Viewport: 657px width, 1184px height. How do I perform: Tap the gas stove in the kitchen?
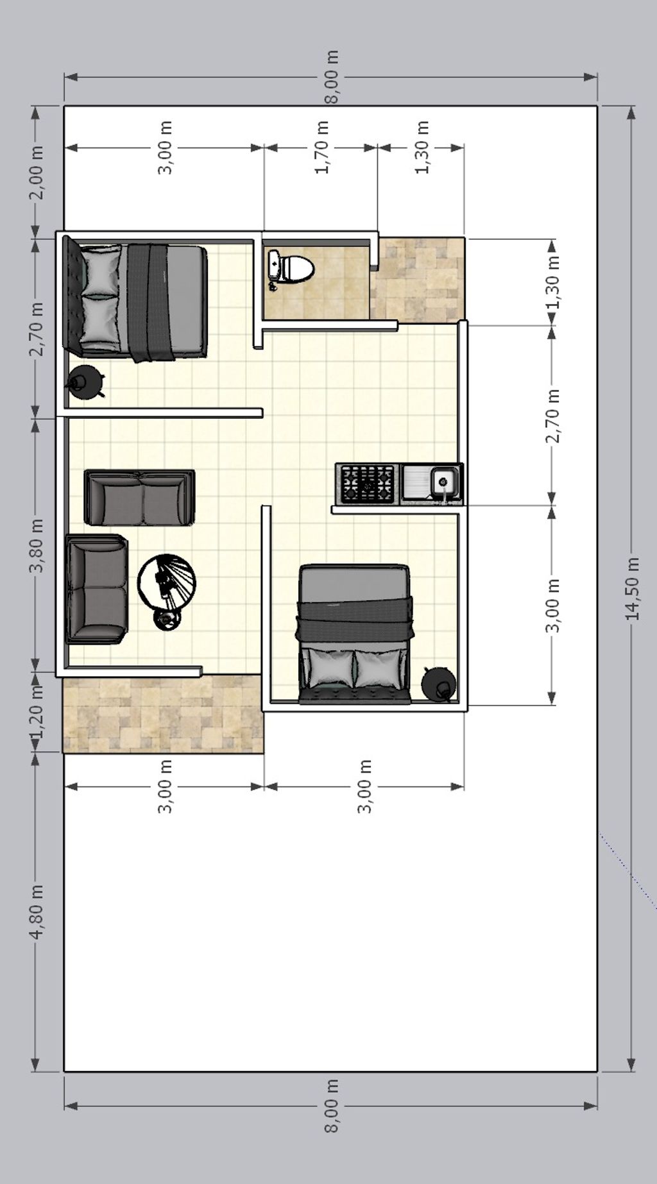click(368, 484)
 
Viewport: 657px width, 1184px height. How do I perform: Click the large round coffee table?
click(167, 582)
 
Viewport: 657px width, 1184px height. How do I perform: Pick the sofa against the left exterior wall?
click(97, 589)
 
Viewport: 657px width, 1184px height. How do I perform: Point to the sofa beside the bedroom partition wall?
click(139, 498)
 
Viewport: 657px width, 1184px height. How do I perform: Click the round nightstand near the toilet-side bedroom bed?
click(86, 382)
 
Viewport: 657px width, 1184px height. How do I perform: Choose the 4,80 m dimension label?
click(37, 911)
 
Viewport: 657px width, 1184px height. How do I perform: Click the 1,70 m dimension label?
click(322, 148)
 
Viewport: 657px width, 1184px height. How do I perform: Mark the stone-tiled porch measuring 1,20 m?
click(163, 714)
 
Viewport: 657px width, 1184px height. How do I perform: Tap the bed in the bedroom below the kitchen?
click(354, 634)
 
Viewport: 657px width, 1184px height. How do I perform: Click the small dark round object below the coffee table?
click(167, 618)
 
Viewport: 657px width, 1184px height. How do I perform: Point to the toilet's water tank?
click(274, 267)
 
